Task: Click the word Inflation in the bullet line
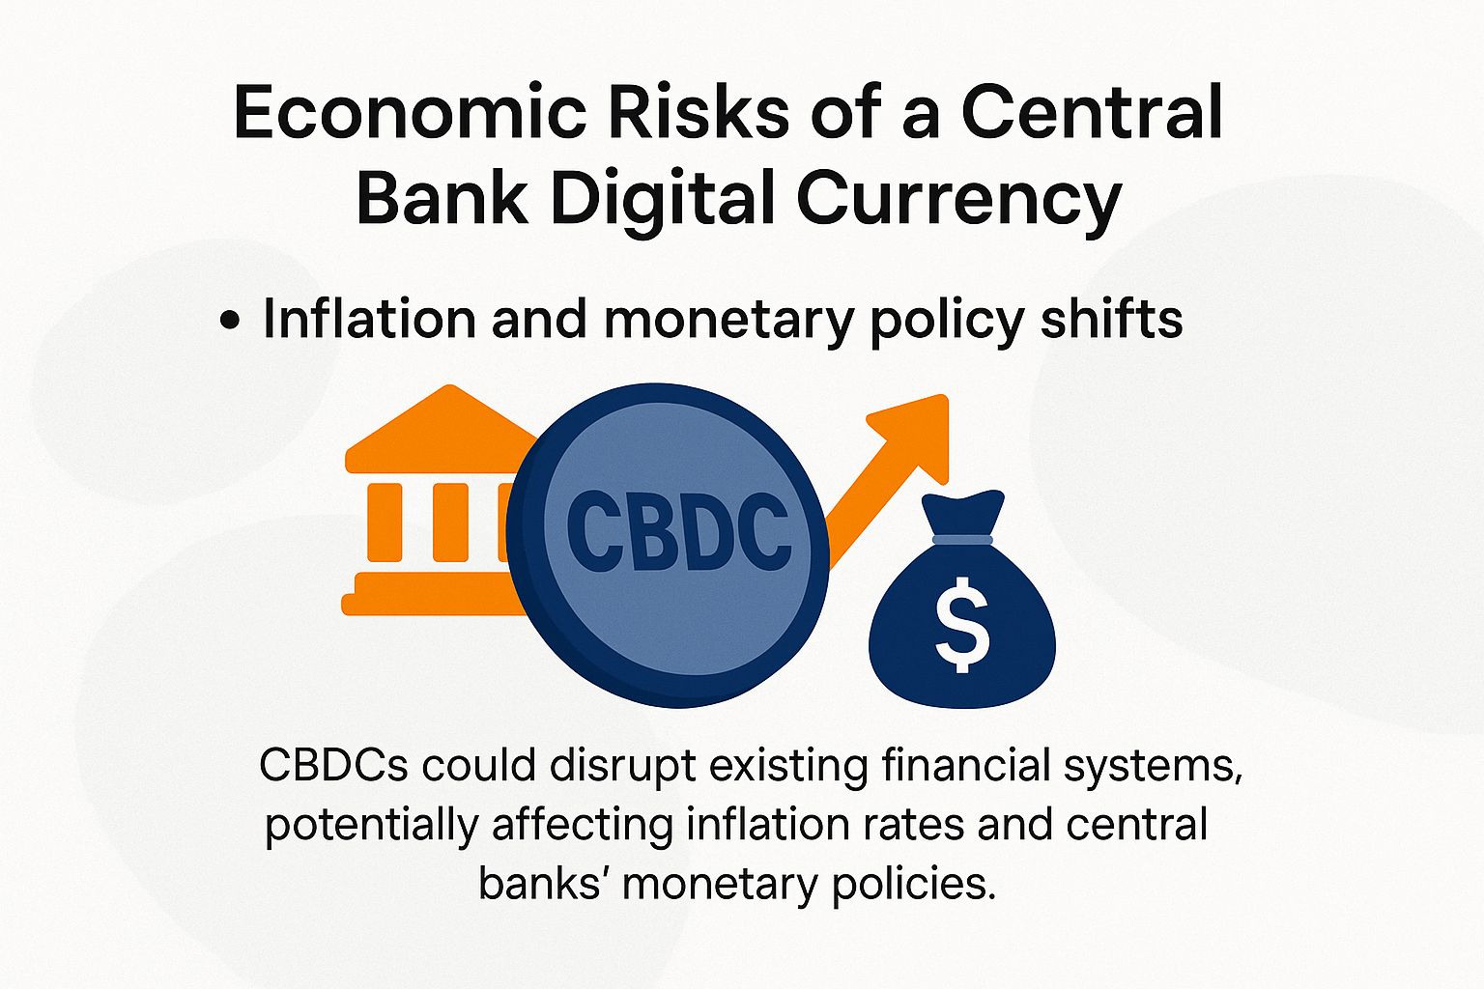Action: point(368,319)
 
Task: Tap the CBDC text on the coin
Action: point(678,530)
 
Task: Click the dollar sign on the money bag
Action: point(962,631)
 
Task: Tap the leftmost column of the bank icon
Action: point(384,523)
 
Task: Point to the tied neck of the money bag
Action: point(961,539)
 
